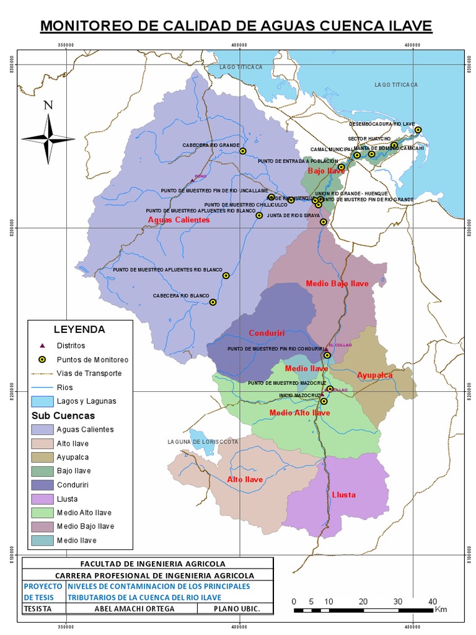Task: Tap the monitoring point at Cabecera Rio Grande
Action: click(243, 151)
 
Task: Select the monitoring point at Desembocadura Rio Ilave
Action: click(418, 130)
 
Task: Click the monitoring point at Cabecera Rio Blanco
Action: click(213, 302)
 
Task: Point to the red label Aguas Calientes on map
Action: click(178, 220)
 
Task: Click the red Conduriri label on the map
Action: click(266, 333)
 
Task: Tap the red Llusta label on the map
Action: click(343, 495)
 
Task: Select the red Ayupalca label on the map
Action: click(375, 375)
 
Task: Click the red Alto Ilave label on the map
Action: click(245, 479)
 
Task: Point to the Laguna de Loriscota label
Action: click(203, 442)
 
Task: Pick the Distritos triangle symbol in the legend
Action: click(42, 345)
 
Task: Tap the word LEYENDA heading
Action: click(79, 329)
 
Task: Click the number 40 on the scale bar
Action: click(433, 601)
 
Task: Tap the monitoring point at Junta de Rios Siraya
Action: click(323, 222)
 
